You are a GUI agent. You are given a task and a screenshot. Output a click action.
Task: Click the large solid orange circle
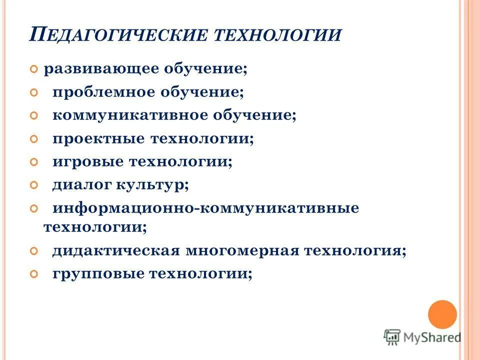coord(442,314)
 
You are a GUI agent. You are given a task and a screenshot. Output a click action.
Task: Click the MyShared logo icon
coord(392,336)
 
